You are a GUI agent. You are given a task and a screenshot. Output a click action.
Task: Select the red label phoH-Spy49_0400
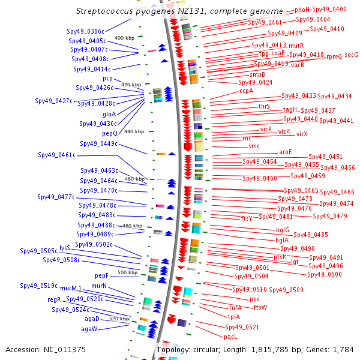click(320, 10)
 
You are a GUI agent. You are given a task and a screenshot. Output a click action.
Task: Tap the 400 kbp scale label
click(124, 38)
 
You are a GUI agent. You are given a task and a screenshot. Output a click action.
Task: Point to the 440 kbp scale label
click(134, 131)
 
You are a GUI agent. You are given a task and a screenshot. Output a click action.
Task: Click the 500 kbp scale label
click(128, 272)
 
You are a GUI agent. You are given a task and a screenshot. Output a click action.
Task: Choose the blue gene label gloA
click(109, 113)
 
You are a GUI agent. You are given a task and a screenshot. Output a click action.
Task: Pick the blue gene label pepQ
click(110, 133)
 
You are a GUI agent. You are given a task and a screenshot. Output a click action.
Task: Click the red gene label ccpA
click(247, 91)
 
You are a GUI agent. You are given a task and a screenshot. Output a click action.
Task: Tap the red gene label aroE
click(286, 152)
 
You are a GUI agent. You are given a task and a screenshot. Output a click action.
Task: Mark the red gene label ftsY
click(247, 218)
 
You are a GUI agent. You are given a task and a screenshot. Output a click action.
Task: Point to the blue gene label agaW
click(89, 329)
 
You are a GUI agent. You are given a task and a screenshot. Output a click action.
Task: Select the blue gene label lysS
click(65, 247)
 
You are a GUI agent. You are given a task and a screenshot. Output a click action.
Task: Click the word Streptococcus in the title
click(106, 11)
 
